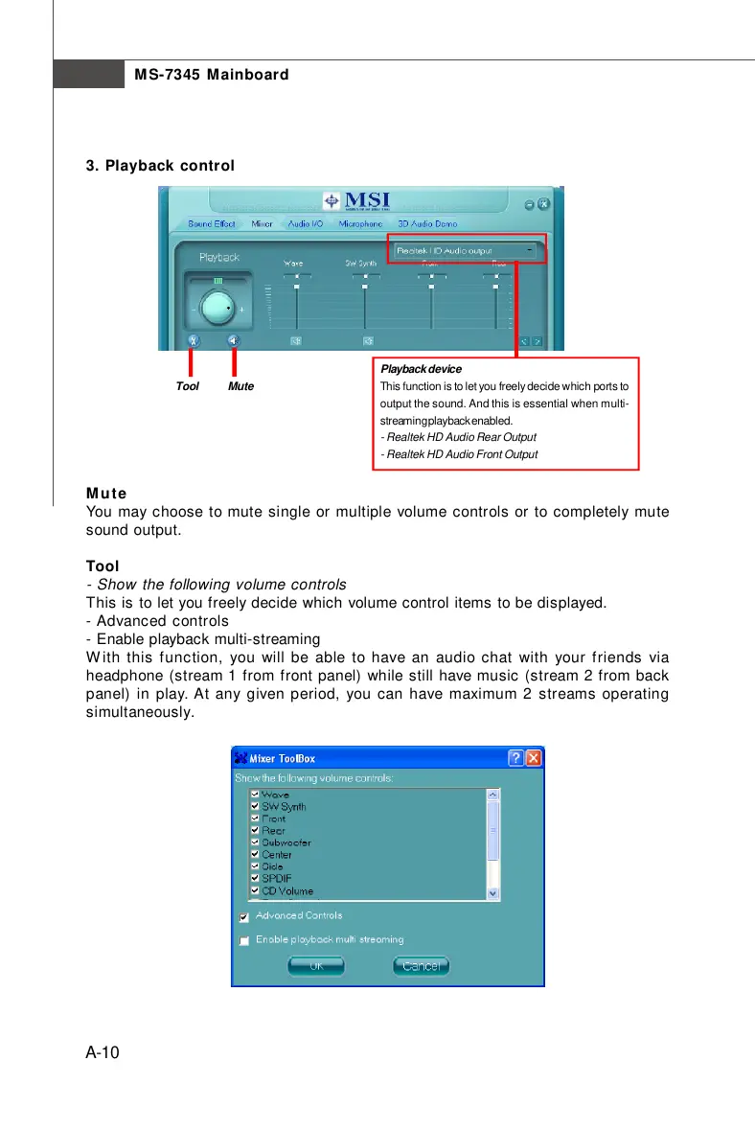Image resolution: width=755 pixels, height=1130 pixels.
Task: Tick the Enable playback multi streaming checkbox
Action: (244, 940)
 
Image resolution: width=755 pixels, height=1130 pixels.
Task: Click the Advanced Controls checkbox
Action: (244, 917)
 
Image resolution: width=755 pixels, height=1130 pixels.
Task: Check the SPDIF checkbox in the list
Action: (255, 878)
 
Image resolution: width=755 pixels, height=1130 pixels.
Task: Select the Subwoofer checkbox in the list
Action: (255, 842)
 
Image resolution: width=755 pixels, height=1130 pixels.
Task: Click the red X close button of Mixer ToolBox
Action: (533, 757)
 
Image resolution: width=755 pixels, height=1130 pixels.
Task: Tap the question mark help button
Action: (516, 757)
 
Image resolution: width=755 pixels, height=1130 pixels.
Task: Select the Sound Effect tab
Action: (212, 224)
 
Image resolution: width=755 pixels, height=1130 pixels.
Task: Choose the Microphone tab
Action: (359, 224)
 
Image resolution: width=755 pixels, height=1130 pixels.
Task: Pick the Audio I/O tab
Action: (306, 224)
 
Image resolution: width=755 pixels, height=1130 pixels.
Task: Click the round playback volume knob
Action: (218, 308)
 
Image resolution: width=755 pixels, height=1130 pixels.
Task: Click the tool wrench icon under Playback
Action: (194, 340)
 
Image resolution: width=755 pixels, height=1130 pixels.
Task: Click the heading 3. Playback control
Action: (160, 165)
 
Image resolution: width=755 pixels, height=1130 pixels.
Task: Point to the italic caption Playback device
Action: (421, 369)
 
